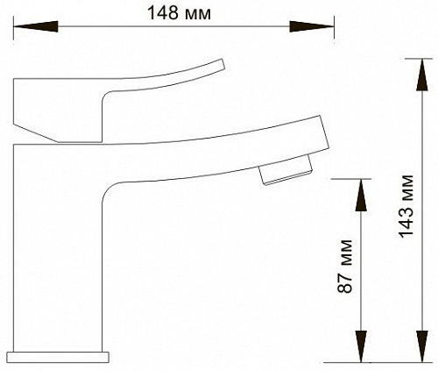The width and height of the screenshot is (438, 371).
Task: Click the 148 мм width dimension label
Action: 180,13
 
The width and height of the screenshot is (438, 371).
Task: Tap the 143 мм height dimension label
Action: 406,206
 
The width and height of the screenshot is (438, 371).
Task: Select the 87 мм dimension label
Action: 345,266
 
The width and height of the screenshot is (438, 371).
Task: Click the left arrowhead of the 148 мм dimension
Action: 36,26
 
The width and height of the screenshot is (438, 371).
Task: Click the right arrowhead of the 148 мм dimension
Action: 312,26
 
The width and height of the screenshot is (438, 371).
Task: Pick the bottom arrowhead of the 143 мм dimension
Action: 422,346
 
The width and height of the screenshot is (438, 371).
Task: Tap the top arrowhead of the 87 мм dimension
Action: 361,195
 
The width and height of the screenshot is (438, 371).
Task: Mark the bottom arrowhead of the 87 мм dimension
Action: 361,346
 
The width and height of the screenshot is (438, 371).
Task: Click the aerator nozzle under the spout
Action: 286,171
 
